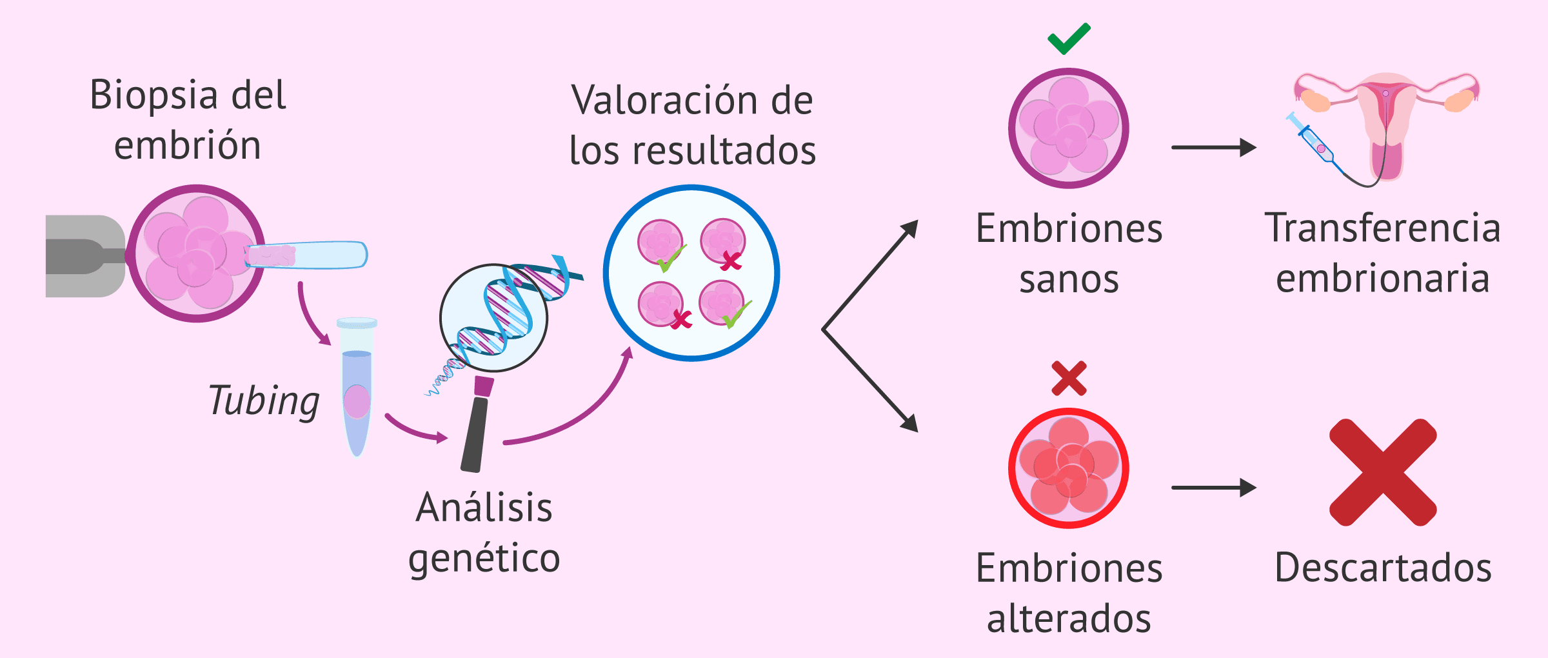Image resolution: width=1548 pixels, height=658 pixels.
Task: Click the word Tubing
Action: click(264, 401)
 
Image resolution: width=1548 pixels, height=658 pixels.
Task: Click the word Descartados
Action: click(1383, 568)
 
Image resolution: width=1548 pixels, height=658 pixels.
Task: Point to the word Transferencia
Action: click(1383, 228)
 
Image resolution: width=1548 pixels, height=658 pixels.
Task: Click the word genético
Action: click(484, 559)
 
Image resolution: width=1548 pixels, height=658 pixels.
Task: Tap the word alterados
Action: click(1069, 619)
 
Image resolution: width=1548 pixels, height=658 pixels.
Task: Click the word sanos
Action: click(1069, 280)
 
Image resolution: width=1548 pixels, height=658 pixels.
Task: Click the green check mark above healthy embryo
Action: click(1069, 39)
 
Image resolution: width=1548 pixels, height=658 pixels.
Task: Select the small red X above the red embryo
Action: click(1069, 378)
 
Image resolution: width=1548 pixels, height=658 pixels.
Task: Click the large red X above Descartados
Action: click(1383, 472)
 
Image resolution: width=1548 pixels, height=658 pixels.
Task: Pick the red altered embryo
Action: click(1069, 468)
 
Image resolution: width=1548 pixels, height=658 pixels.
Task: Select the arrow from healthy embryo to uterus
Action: click(1213, 148)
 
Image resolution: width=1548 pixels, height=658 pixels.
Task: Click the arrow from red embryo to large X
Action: click(1213, 488)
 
